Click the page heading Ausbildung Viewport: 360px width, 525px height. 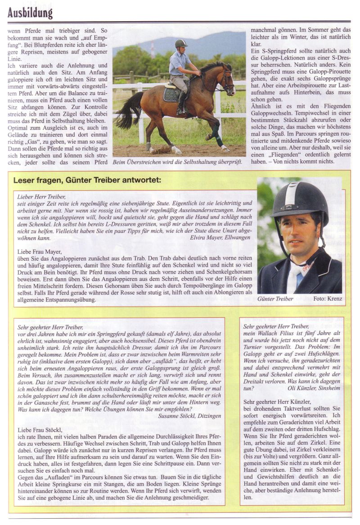[30, 12]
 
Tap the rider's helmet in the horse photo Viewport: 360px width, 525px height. [180, 44]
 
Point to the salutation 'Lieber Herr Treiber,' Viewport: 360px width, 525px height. [41, 197]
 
